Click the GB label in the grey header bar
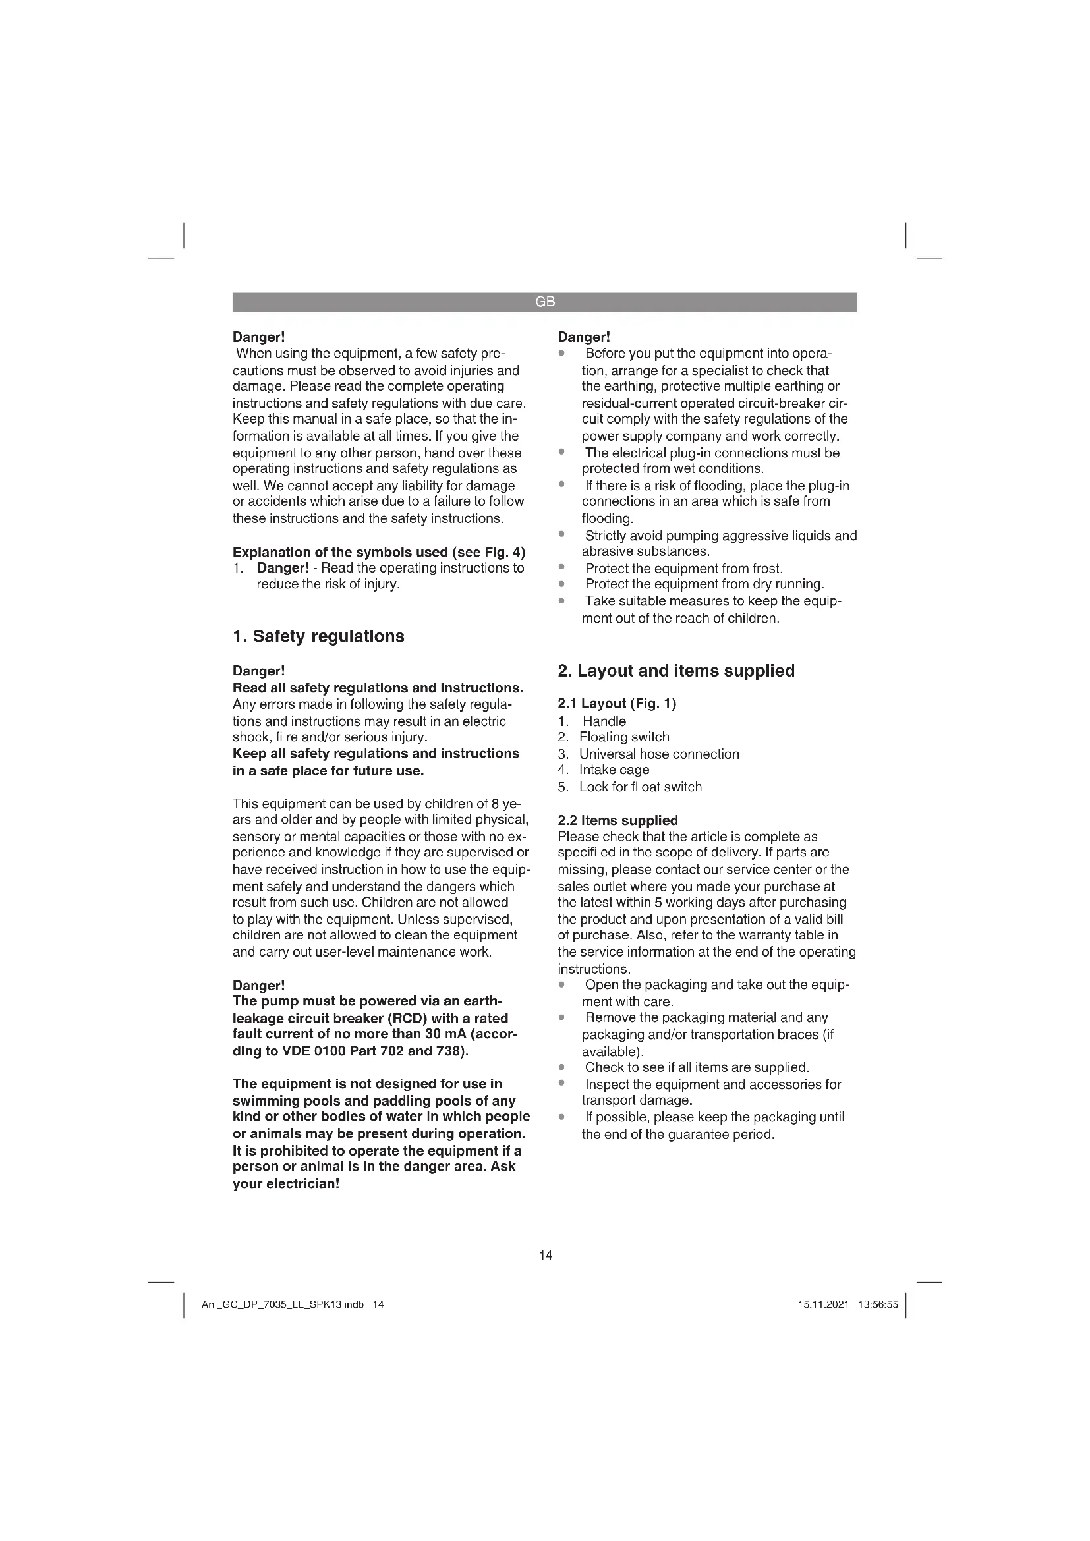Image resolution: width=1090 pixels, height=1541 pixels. pos(545,302)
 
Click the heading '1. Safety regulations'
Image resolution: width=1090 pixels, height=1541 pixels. pos(318,636)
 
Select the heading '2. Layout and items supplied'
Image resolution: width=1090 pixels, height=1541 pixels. pos(676,671)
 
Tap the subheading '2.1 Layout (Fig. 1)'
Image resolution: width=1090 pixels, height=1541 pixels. pos(617,704)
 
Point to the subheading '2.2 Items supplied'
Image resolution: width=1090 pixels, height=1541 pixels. pos(617,820)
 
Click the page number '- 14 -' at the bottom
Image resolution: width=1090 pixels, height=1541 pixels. pos(545,1255)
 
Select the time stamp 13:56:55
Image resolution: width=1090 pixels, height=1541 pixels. pos(878,1304)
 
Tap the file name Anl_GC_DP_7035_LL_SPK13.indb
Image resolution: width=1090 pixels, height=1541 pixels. pos(283,1304)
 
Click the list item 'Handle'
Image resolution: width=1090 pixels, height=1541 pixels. pos(604,721)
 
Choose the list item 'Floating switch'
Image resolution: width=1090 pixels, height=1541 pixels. pos(624,737)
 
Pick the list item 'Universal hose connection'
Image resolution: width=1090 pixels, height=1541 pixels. pos(659,754)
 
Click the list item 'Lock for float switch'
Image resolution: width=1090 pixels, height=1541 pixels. pos(641,787)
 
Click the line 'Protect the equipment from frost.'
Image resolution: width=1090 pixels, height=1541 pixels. pos(684,569)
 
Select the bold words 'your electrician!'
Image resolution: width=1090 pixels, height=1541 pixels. pos(286,1183)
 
